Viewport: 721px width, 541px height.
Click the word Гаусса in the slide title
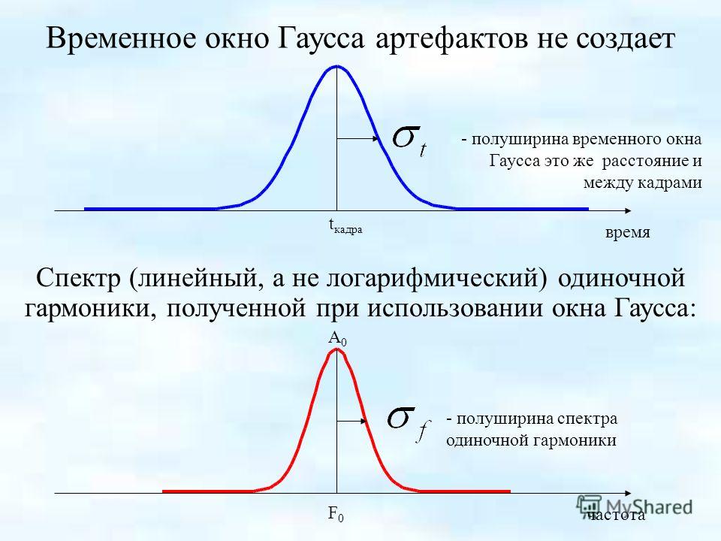321,38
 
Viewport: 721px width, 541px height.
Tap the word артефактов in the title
451,38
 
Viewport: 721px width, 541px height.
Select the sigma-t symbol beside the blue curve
409,142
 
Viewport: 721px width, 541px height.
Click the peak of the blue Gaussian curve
336,67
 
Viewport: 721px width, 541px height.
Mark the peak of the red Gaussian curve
337,349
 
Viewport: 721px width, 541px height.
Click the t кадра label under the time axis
345,226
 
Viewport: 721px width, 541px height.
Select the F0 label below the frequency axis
336,514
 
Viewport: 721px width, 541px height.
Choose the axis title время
627,232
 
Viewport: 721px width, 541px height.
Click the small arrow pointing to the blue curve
357,138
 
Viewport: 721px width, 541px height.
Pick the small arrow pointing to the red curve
351,421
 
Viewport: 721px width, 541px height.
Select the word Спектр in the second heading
77,279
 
